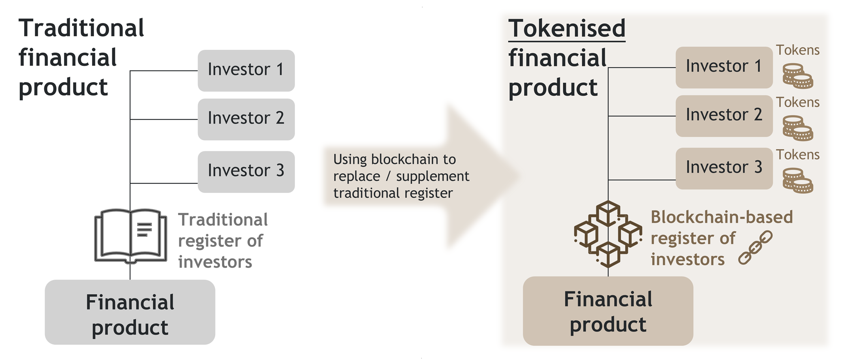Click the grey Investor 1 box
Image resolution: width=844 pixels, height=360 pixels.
246,71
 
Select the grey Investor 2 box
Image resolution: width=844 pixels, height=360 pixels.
246,119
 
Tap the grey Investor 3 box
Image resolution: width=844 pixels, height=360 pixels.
246,172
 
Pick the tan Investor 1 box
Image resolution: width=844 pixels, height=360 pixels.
724,67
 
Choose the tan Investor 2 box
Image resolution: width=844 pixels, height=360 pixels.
724,116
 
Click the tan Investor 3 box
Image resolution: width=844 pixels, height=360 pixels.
724,169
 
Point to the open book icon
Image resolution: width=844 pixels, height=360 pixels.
130,236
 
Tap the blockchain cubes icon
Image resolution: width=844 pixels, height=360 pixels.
608,234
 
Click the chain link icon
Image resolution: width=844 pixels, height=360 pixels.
755,247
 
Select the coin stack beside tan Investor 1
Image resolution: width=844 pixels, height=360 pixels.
797,76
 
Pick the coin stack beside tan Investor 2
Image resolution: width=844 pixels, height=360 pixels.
797,128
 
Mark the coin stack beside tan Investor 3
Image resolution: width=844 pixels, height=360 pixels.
797,180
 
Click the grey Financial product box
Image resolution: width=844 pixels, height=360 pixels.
130,312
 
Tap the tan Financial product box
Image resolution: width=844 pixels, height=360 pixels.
608,311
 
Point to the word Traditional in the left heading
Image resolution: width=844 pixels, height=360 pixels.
81,28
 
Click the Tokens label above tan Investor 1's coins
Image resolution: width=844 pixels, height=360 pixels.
797,50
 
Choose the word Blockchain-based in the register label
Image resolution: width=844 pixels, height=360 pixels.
722,217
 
